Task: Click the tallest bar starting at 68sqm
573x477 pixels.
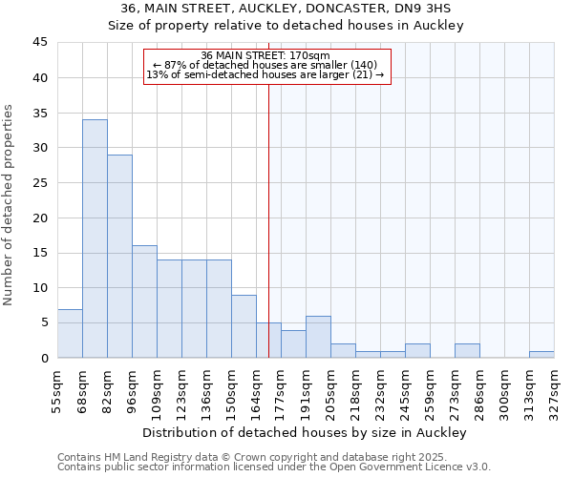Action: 95,238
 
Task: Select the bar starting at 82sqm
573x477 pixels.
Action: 119,256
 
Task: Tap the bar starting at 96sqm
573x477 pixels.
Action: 144,301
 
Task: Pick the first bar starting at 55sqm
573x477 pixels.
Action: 70,333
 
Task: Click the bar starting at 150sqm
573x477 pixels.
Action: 244,326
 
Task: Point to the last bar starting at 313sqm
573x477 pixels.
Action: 541,354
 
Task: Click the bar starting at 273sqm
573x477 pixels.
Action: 467,350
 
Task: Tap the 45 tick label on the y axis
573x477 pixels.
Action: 39,43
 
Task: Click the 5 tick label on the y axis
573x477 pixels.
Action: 43,322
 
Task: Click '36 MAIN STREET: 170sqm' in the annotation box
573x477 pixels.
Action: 266,55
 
